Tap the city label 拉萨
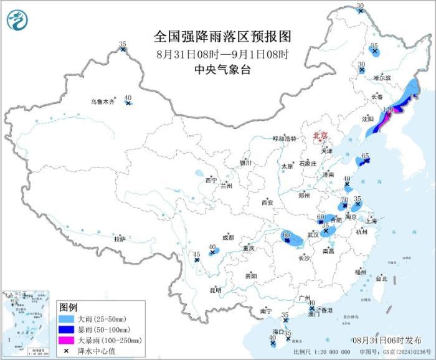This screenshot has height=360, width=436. tap(120, 239)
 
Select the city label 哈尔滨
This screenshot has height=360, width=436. tap(382, 78)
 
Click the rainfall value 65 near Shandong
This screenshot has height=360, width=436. tap(366, 156)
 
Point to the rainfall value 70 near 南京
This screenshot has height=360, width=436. tap(344, 200)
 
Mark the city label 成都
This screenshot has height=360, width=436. tap(228, 237)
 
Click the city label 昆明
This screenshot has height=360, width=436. tap(215, 290)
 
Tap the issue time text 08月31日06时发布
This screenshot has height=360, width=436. tap(386, 340)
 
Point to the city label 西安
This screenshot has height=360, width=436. tap(267, 202)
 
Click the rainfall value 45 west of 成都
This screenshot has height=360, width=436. tap(197, 254)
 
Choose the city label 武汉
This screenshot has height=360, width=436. tap(313, 235)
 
